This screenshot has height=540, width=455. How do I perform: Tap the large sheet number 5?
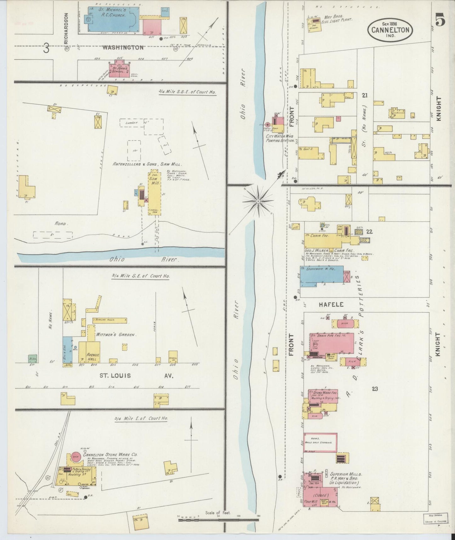(x=440, y=20)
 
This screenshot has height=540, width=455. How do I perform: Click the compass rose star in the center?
(x=258, y=200)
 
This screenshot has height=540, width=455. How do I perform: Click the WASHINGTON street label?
(x=123, y=48)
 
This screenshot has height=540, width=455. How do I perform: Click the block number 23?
(x=374, y=389)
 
